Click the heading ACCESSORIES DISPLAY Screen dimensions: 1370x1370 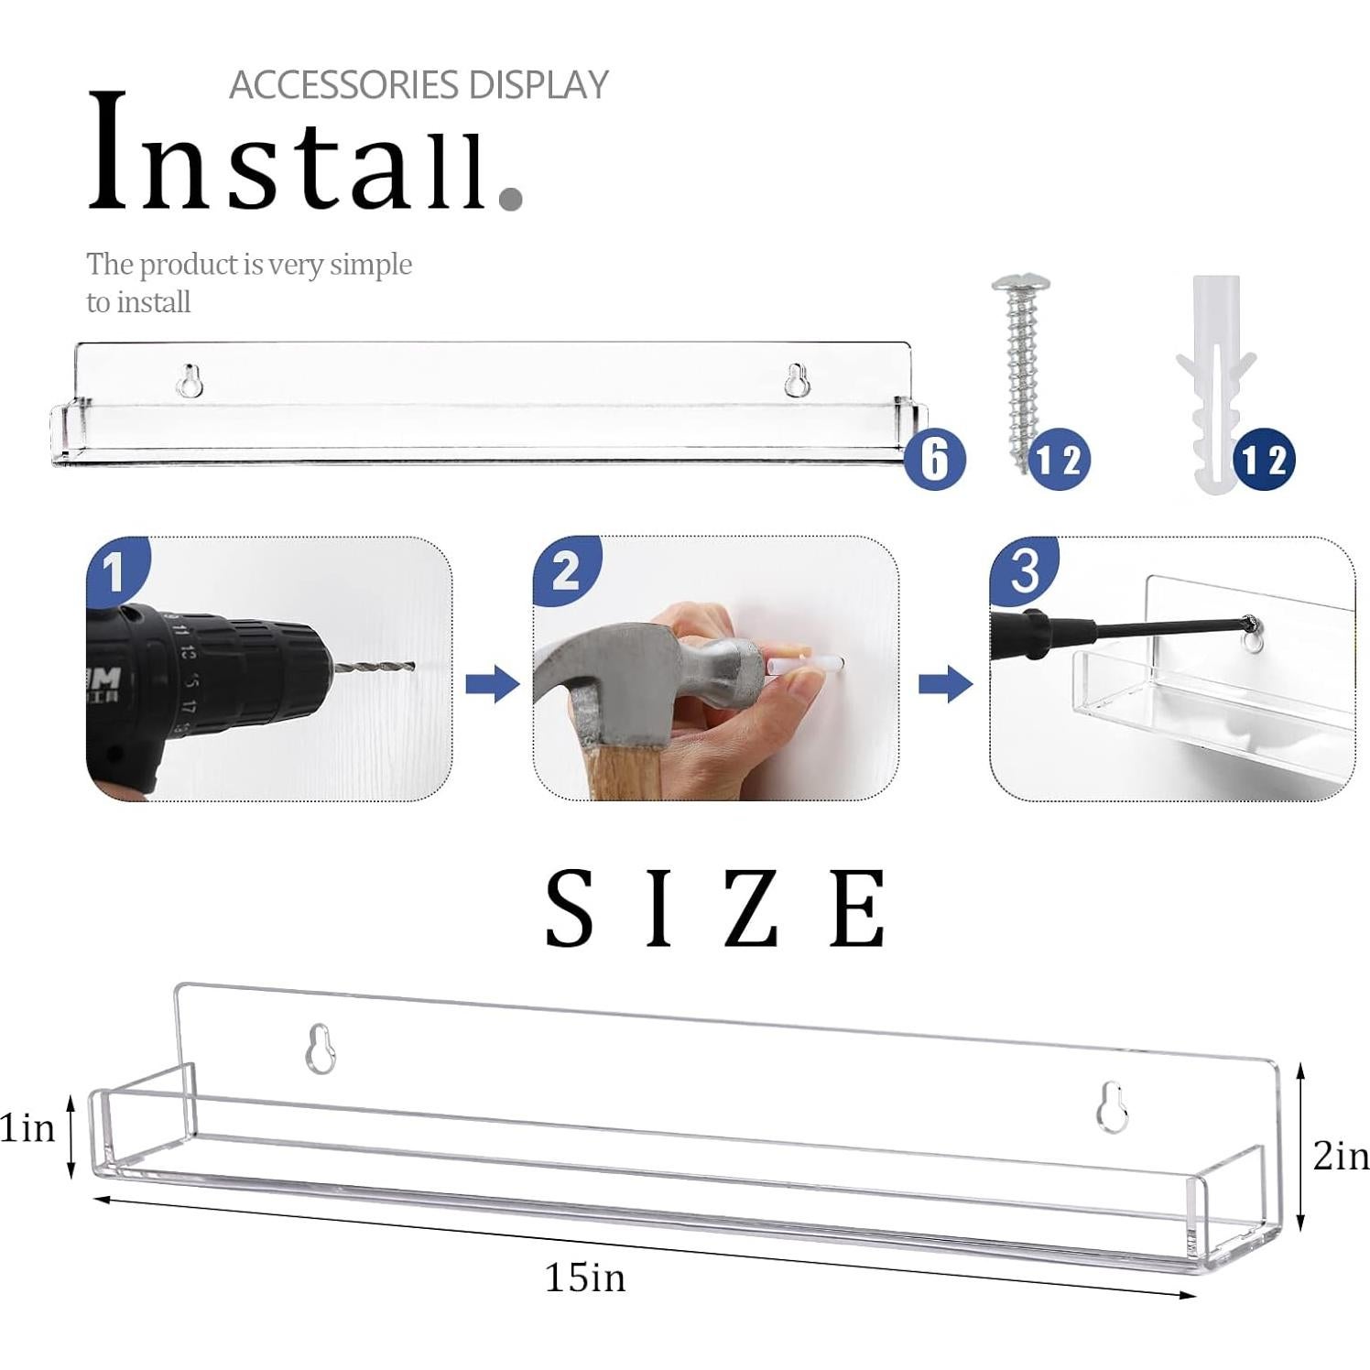419,85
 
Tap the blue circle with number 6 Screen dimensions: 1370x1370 934,459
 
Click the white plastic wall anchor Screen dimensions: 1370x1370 1215,375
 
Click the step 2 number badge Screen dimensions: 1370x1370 565,571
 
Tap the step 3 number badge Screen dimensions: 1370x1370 1024,571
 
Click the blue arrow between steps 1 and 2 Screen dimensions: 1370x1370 492,683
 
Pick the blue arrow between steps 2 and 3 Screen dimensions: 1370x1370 945,683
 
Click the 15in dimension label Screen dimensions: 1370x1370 585,1278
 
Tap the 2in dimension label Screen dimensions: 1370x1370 1340,1156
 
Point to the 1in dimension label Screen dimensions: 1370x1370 27,1128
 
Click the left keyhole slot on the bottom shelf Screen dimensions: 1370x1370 320,1049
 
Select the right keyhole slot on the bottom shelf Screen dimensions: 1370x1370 1112,1107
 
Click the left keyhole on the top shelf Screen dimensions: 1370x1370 190,381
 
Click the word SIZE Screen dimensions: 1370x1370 715,909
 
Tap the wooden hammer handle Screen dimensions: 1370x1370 623,769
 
